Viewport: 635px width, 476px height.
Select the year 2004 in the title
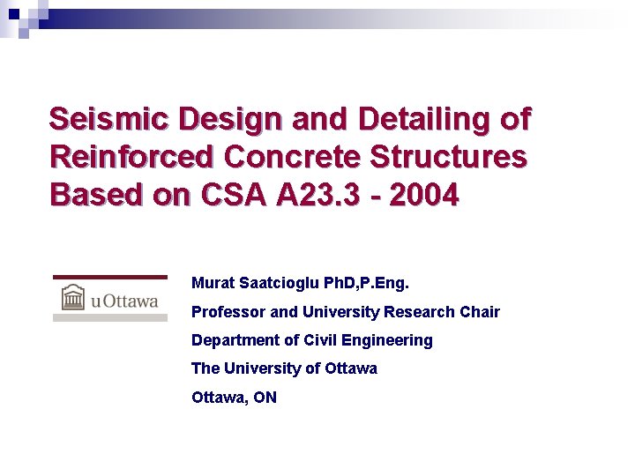[423, 195]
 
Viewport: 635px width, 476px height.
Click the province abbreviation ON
[265, 398]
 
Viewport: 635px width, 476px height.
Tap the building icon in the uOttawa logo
[72, 298]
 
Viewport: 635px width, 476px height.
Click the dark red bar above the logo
[110, 277]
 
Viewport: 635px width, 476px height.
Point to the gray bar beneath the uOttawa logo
[110, 317]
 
